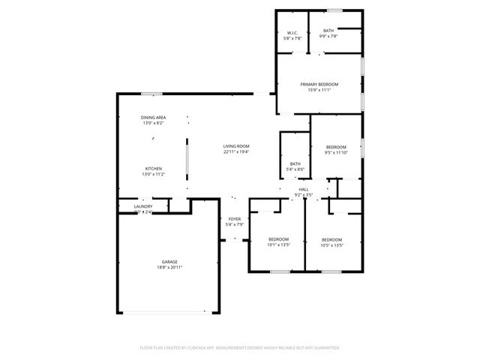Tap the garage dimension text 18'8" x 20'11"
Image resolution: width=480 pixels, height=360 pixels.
click(x=169, y=267)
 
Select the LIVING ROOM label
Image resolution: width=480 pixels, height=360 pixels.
click(x=236, y=146)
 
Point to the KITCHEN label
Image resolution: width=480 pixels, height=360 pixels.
click(x=154, y=169)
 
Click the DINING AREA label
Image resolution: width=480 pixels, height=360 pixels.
click(x=154, y=118)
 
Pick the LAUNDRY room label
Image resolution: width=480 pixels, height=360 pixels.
click(x=143, y=207)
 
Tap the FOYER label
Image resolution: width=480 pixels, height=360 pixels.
click(x=235, y=219)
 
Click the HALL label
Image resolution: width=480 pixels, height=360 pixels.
click(x=304, y=189)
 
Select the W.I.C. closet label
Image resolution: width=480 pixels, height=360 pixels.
click(x=292, y=33)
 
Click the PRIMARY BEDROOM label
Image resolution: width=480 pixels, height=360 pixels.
click(x=319, y=84)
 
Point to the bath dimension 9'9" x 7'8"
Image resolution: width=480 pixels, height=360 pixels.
click(x=329, y=36)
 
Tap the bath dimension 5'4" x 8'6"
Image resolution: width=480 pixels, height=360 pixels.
click(x=295, y=169)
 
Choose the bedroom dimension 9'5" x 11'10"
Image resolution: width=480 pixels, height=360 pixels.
click(x=337, y=152)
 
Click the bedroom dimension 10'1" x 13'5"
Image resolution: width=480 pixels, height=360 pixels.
click(x=278, y=244)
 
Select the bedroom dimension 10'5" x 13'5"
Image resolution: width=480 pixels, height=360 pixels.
click(x=331, y=244)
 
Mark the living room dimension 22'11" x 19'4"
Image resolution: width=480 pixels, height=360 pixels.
click(x=236, y=151)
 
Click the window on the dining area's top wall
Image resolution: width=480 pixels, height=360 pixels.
click(x=152, y=94)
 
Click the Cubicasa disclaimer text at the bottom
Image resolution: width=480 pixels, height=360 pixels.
click(x=240, y=348)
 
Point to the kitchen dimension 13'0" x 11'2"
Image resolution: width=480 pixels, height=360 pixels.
click(x=154, y=174)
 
